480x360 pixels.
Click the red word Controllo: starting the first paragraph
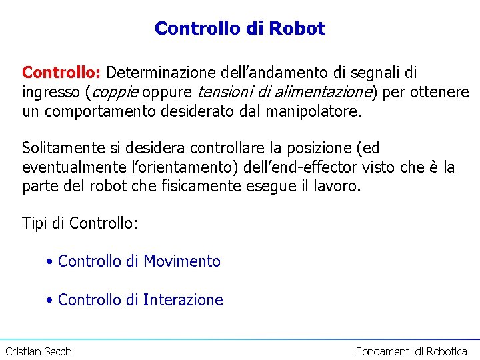coord(62,72)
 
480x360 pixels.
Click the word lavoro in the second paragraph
coord(337,186)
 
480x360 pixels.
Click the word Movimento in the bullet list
coord(182,261)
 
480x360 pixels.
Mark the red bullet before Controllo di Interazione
coord(50,301)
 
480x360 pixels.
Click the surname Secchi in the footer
coord(59,351)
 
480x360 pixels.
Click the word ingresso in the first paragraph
coord(52,91)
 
